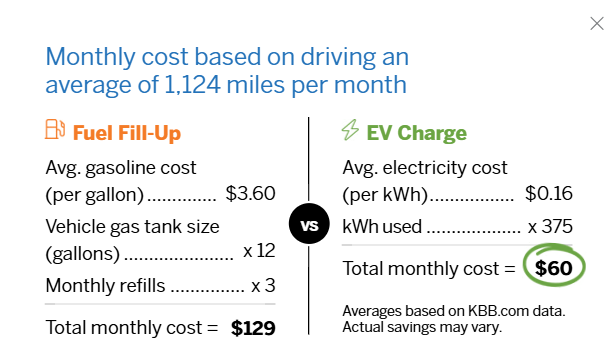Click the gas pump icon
(x=55, y=130)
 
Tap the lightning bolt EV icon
(x=350, y=131)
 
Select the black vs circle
(x=308, y=225)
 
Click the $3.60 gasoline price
(x=251, y=193)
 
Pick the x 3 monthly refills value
(x=263, y=286)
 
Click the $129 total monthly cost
(x=253, y=327)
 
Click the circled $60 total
(x=551, y=268)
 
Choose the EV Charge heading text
(x=417, y=132)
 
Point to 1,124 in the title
(x=197, y=83)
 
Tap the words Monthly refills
(x=106, y=286)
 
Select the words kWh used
(x=381, y=226)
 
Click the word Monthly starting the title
(x=88, y=54)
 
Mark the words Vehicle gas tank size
(x=132, y=226)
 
